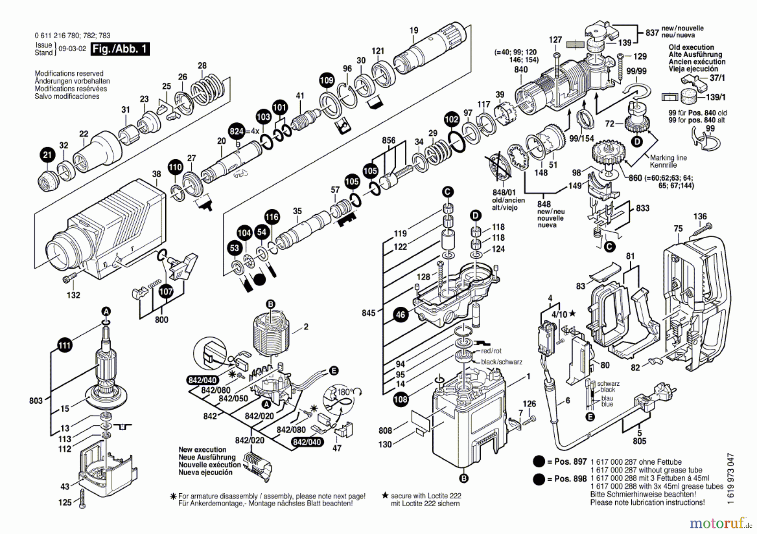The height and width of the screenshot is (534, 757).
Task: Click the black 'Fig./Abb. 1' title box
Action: click(x=120, y=49)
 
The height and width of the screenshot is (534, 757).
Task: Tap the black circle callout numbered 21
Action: click(x=48, y=155)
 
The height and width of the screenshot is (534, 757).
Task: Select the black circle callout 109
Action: click(x=327, y=80)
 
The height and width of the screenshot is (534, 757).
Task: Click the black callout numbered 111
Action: click(x=64, y=346)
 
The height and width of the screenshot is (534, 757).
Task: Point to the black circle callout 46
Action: click(x=400, y=314)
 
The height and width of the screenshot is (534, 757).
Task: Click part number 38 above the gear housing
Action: click(x=156, y=174)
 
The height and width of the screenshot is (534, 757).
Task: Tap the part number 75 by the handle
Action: click(x=678, y=229)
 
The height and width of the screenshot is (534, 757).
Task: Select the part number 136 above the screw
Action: click(x=700, y=217)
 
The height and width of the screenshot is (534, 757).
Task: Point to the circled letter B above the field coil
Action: click(x=270, y=304)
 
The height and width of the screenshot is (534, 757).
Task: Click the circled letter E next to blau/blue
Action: click(x=590, y=417)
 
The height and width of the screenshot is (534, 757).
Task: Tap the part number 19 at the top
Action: click(x=414, y=30)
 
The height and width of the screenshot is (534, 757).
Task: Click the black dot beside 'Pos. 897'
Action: click(x=539, y=462)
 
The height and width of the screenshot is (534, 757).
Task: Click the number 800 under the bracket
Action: click(x=161, y=320)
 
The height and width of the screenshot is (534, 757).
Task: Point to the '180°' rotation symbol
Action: click(x=345, y=392)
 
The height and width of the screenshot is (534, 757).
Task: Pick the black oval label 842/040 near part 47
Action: click(x=307, y=442)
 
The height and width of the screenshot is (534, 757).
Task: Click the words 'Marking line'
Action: click(x=668, y=158)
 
